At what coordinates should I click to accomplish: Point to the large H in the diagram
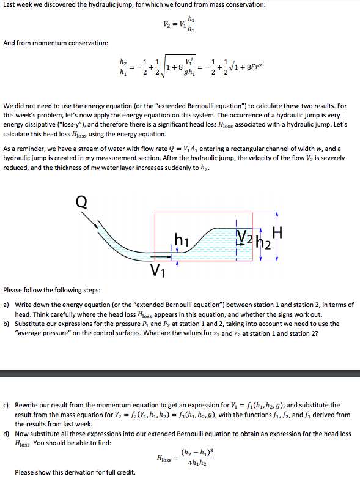(x=278, y=232)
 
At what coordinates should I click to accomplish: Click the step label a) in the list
(x=6, y=304)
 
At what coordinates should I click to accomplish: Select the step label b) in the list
(x=6, y=324)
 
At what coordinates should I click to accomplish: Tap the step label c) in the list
(x=6, y=405)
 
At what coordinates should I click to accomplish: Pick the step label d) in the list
(x=6, y=434)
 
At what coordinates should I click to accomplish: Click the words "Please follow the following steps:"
(x=47, y=290)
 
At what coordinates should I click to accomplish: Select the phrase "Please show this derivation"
(x=55, y=472)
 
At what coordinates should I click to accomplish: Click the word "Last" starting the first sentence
(x=10, y=5)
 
